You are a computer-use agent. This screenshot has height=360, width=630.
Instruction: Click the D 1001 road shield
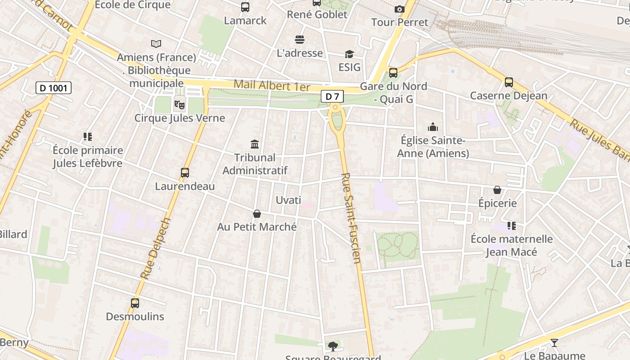[x=54, y=88]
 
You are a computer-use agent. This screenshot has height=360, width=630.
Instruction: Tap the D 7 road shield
[x=332, y=96]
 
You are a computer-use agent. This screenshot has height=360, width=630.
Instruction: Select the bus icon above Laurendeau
[x=184, y=173]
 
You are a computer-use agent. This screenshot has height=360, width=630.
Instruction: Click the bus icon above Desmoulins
[x=135, y=303]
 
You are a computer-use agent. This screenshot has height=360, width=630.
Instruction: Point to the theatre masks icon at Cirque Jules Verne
[x=179, y=105]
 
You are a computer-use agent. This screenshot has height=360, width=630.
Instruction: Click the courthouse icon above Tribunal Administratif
[x=255, y=144]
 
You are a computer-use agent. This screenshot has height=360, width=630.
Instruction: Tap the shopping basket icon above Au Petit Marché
[x=256, y=214]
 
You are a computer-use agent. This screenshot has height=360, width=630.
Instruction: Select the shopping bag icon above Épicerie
[x=497, y=190]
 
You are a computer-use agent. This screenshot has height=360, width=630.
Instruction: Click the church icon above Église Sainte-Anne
[x=433, y=127]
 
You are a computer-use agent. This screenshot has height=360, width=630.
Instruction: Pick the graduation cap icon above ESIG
[x=349, y=54]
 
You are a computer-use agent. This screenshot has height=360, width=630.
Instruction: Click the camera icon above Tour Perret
[x=399, y=9]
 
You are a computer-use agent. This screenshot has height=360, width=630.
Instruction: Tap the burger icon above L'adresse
[x=300, y=40]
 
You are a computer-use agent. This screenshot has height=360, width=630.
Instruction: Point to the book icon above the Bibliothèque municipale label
[x=156, y=44]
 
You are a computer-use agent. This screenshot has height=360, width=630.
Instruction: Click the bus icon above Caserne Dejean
[x=508, y=82]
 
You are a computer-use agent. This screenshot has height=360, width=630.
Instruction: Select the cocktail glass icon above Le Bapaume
[x=554, y=343]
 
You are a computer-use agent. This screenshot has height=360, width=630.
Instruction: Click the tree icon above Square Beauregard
[x=333, y=346]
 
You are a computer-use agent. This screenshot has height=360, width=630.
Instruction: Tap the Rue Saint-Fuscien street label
[x=351, y=218]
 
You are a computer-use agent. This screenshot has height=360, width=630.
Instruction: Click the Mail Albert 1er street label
[x=272, y=85]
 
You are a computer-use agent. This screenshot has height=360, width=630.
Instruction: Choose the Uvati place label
[x=288, y=200]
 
